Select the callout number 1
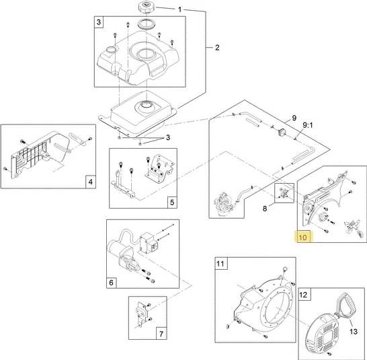pyautogui.click(x=179, y=9)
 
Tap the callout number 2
pyautogui.click(x=217, y=48)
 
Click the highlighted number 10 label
pyautogui.click(x=303, y=238)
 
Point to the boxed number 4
pyautogui.click(x=91, y=182)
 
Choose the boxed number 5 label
pyautogui.click(x=172, y=202)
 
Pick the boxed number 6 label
pyautogui.click(x=111, y=283)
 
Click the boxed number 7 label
pyautogui.click(x=161, y=334)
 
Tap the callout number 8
pyautogui.click(x=265, y=209)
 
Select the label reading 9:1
pyautogui.click(x=308, y=125)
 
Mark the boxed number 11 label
pyautogui.click(x=220, y=264)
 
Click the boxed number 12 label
pyautogui.click(x=303, y=294)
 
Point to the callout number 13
pyautogui.click(x=354, y=332)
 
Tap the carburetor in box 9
pyautogui.click(x=224, y=205)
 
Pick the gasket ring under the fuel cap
pyautogui.click(x=146, y=24)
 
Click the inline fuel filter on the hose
pyautogui.click(x=281, y=133)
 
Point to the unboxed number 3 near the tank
pyautogui.click(x=168, y=137)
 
